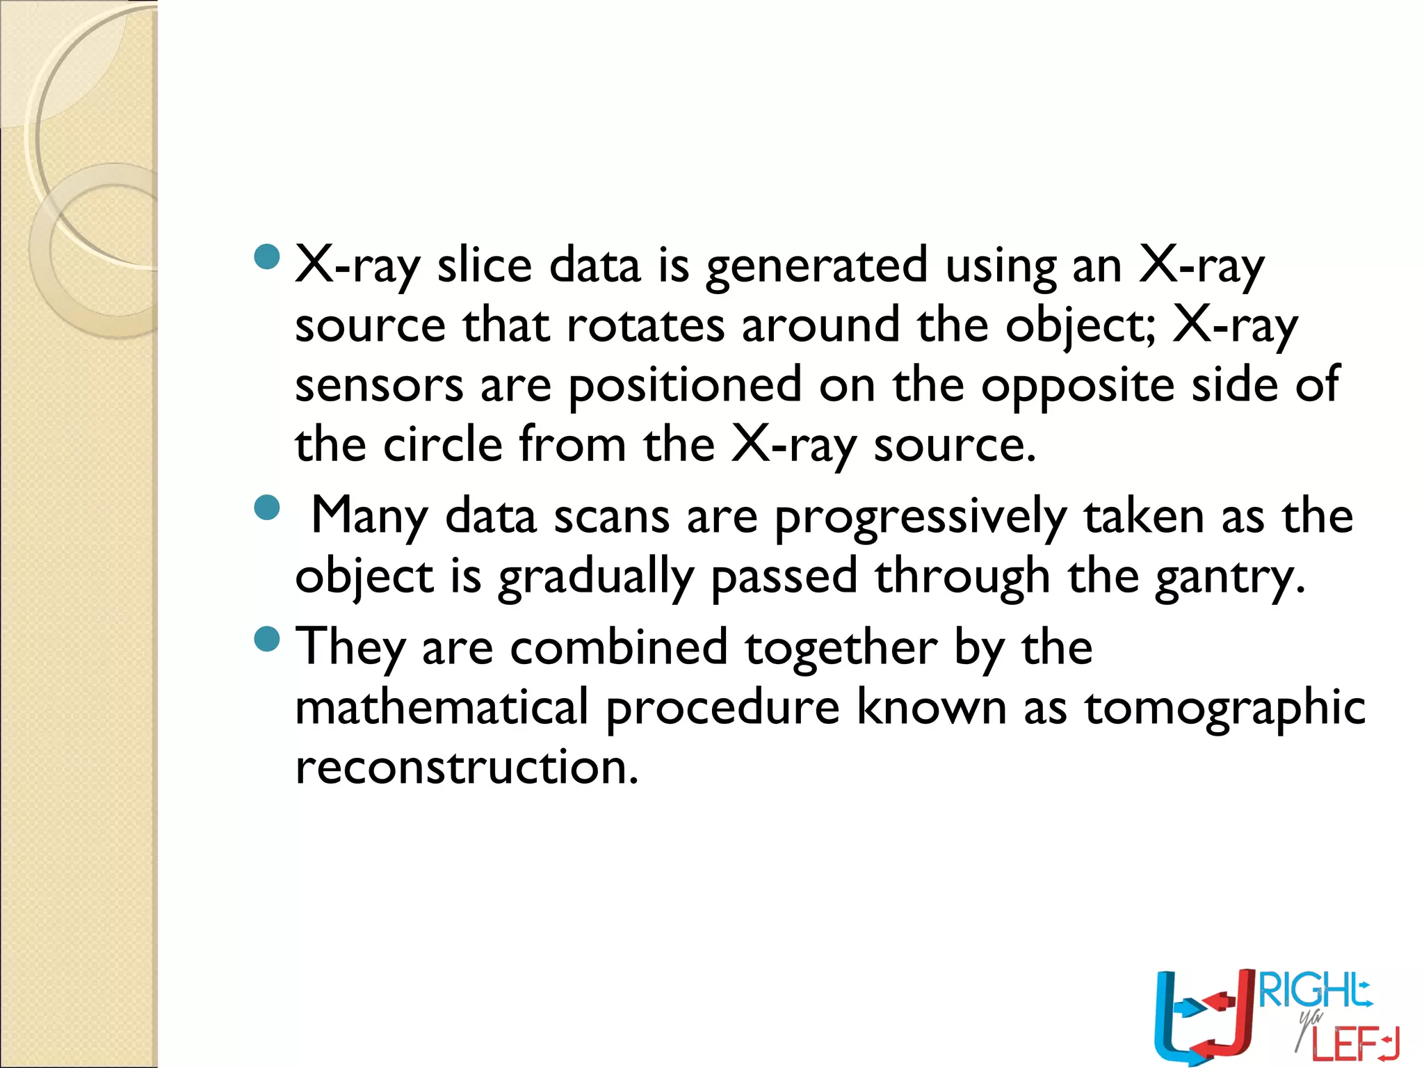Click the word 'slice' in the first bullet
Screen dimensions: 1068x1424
pos(484,266)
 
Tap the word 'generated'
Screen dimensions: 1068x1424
pos(816,267)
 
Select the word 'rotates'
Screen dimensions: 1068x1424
pos(645,325)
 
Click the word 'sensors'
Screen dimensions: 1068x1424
pos(379,386)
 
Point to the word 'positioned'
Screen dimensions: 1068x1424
pos(685,386)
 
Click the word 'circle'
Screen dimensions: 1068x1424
pos(443,445)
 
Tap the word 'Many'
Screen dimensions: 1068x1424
pos(369,517)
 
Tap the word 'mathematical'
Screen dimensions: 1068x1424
pos(442,707)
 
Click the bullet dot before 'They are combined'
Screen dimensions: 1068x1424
pos(267,638)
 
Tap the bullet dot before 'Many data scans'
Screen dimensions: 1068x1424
pos(267,508)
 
